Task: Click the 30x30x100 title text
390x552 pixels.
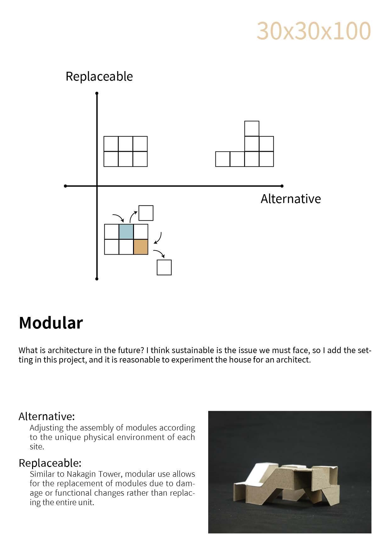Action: (x=314, y=31)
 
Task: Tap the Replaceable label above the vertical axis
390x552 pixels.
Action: (x=99, y=76)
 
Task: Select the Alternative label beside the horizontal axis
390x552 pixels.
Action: (x=291, y=199)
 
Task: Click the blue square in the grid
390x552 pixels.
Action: (x=126, y=232)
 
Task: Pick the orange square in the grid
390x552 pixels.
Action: (x=141, y=247)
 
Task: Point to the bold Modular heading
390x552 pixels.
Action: (x=51, y=323)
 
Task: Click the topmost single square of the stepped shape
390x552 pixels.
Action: (x=252, y=128)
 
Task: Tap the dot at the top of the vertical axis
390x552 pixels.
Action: (x=97, y=93)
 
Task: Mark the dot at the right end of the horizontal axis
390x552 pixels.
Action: (x=282, y=186)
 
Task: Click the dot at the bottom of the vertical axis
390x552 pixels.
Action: (x=97, y=279)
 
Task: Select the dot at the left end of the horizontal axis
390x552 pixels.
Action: (x=65, y=186)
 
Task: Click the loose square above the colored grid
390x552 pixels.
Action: (x=146, y=213)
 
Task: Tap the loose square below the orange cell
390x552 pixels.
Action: (x=164, y=268)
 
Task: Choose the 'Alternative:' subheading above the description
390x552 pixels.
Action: (x=47, y=416)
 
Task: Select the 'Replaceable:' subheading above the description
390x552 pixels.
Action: (x=50, y=463)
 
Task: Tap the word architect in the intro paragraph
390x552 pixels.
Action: (x=293, y=360)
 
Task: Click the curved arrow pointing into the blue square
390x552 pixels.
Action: (x=118, y=217)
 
